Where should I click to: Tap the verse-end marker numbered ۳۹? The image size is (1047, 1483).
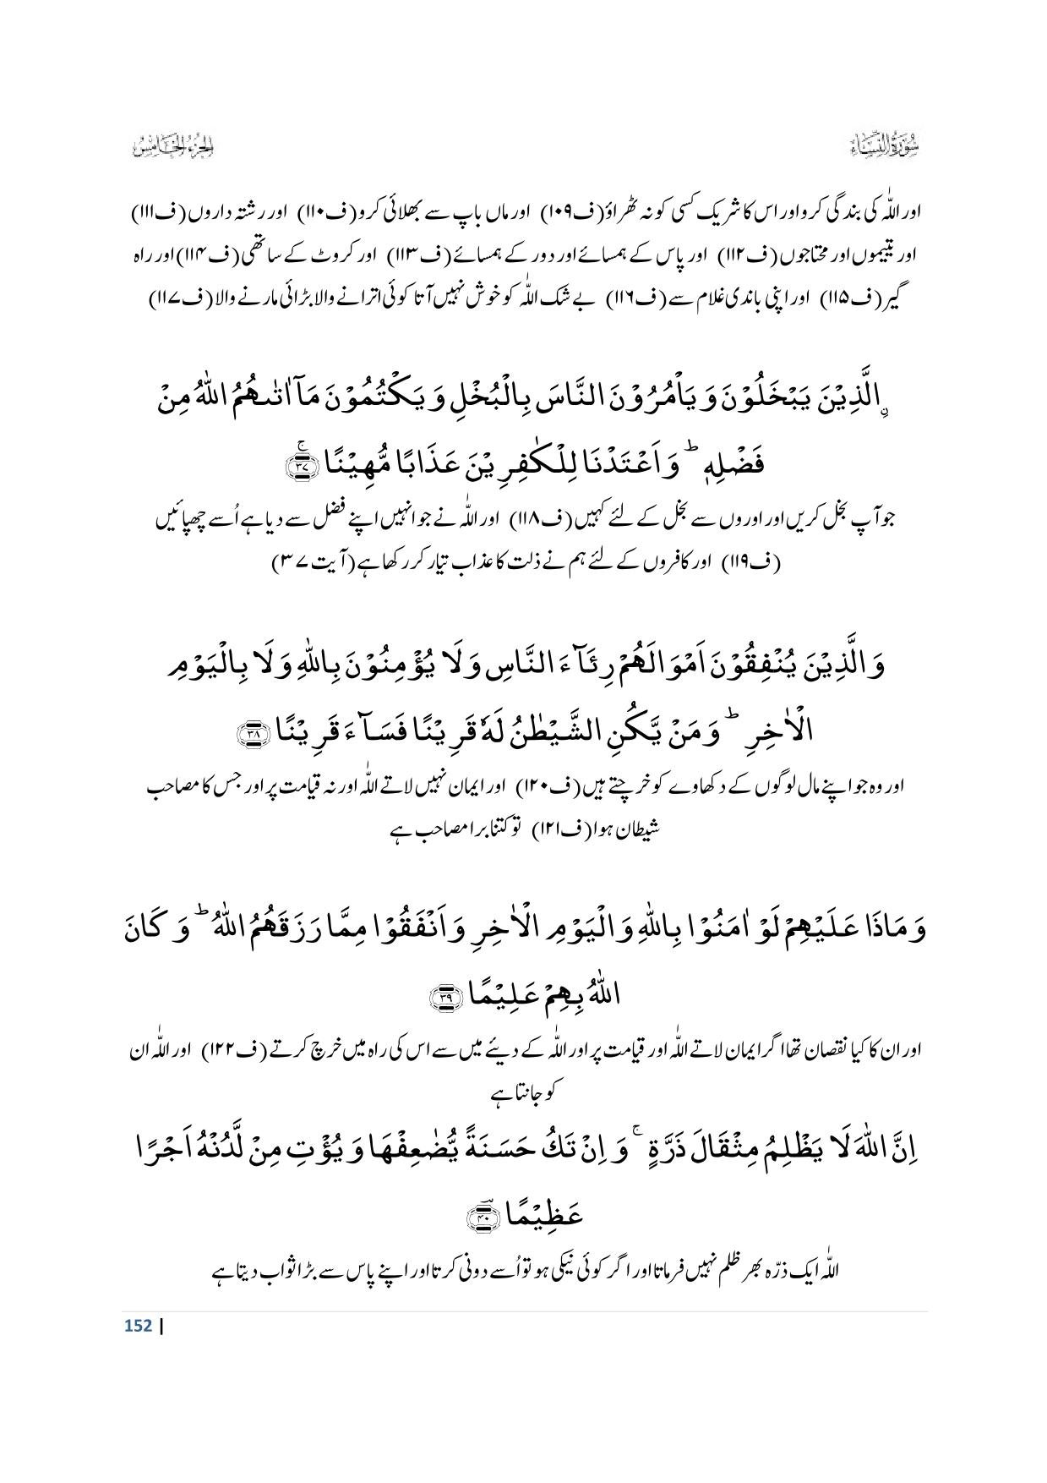tap(443, 999)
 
